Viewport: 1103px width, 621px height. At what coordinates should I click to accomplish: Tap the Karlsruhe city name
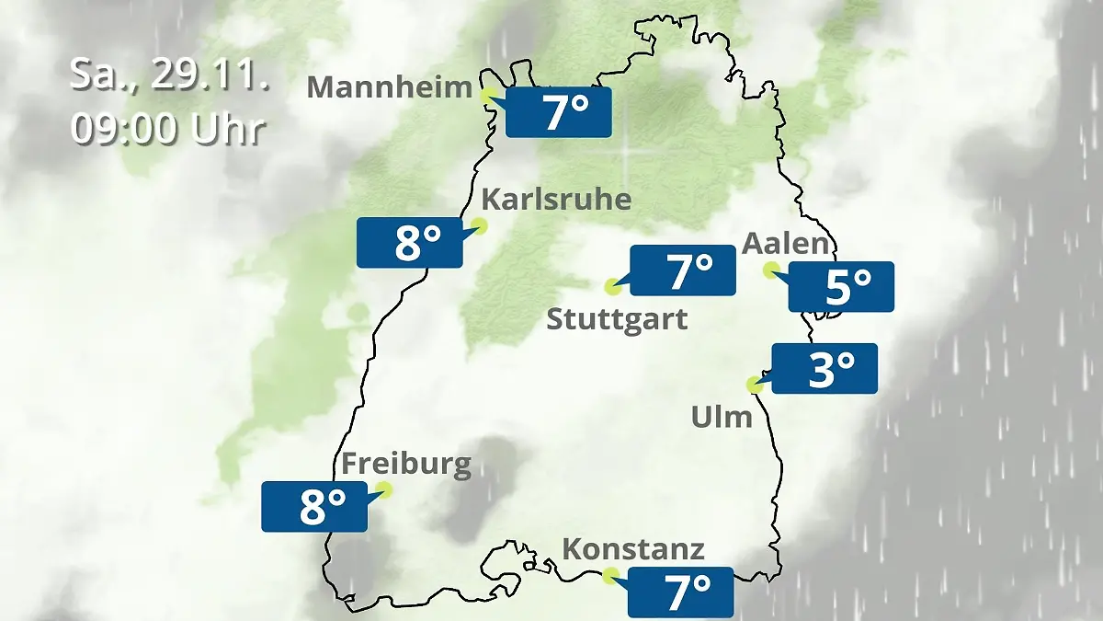(x=556, y=200)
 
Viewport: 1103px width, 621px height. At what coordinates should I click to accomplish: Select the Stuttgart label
(x=617, y=320)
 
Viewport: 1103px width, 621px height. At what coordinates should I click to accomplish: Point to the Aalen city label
(x=786, y=244)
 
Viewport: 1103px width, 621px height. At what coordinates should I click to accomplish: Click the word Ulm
(x=722, y=418)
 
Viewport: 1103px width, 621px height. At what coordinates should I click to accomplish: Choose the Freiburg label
(x=405, y=464)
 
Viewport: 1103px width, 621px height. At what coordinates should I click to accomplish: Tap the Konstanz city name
(x=632, y=550)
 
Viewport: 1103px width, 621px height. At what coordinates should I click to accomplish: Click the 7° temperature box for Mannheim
(x=559, y=112)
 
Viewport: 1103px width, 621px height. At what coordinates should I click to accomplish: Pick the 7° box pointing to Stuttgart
(x=683, y=270)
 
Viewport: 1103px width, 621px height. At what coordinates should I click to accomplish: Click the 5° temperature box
(x=841, y=287)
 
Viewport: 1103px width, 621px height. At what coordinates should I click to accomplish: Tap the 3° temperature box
(x=825, y=369)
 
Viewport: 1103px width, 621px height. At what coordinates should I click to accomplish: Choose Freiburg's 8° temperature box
(x=314, y=506)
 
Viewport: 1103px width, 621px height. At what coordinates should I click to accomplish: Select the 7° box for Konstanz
(x=681, y=592)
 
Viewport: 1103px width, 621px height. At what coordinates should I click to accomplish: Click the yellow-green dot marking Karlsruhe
(x=479, y=225)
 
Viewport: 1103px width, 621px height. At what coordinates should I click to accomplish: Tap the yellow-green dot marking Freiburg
(x=384, y=490)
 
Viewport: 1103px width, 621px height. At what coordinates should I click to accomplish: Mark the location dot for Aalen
(x=771, y=270)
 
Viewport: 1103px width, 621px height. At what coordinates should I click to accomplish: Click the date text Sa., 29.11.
(x=168, y=76)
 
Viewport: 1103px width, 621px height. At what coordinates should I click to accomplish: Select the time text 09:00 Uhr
(x=168, y=130)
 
